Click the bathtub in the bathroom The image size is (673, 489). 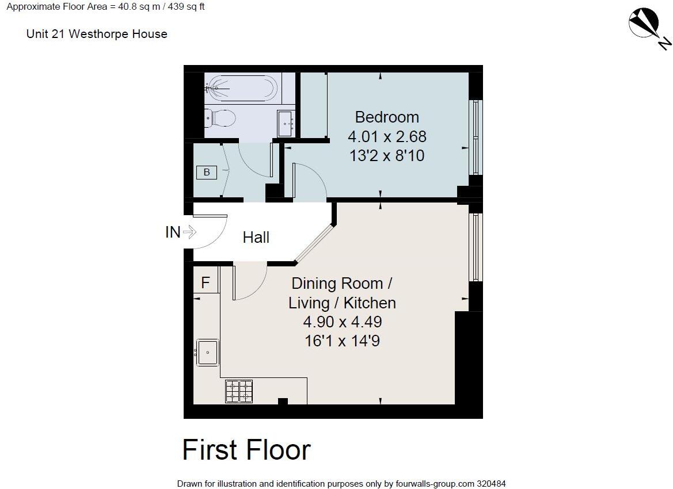[242, 89]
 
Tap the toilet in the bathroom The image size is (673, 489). [221, 119]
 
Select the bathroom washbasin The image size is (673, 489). [286, 123]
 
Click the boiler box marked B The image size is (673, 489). [207, 171]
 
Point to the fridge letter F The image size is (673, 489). [205, 282]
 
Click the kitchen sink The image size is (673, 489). [207, 352]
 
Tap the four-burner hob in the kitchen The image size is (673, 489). [238, 391]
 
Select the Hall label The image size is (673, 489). [256, 237]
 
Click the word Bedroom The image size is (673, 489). [386, 117]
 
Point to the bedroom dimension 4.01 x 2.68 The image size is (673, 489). [386, 136]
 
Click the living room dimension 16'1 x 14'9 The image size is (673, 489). [342, 341]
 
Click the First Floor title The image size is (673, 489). [246, 450]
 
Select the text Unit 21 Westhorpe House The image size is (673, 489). [97, 34]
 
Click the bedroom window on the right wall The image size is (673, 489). [476, 137]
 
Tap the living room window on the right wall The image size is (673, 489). [476, 247]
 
